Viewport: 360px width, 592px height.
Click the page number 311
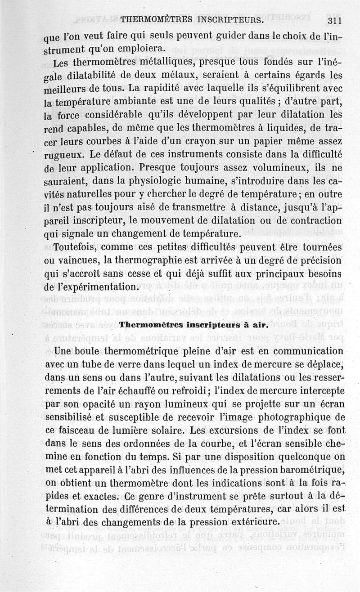[336, 20]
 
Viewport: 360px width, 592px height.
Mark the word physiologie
[166, 182]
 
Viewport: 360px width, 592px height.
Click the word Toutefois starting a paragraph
[76, 248]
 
